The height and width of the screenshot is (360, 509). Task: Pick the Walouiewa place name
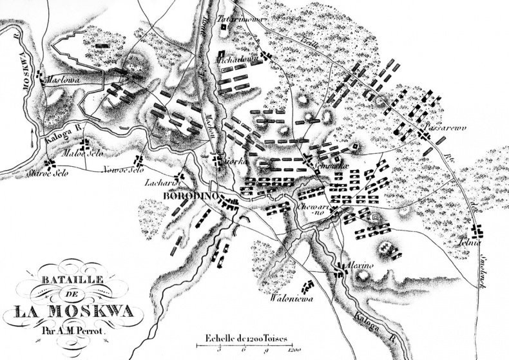(291, 298)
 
